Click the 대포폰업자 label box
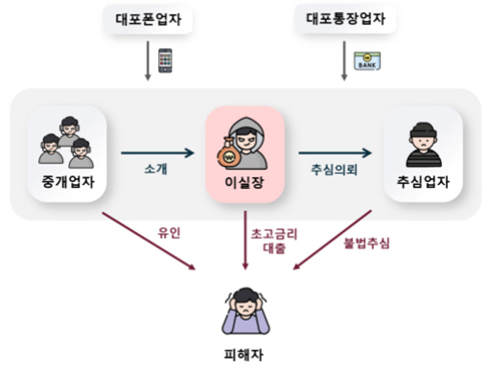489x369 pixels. click(x=148, y=19)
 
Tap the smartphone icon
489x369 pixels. click(x=164, y=60)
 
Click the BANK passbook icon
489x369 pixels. click(x=365, y=60)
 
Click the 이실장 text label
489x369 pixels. click(x=244, y=182)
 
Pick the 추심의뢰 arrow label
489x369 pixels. click(x=332, y=168)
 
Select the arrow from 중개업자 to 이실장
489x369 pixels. click(x=158, y=150)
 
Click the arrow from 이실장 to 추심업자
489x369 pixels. click(x=333, y=150)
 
